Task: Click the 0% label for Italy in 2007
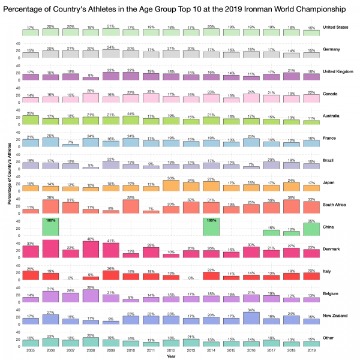pyautogui.click(x=70, y=278)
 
